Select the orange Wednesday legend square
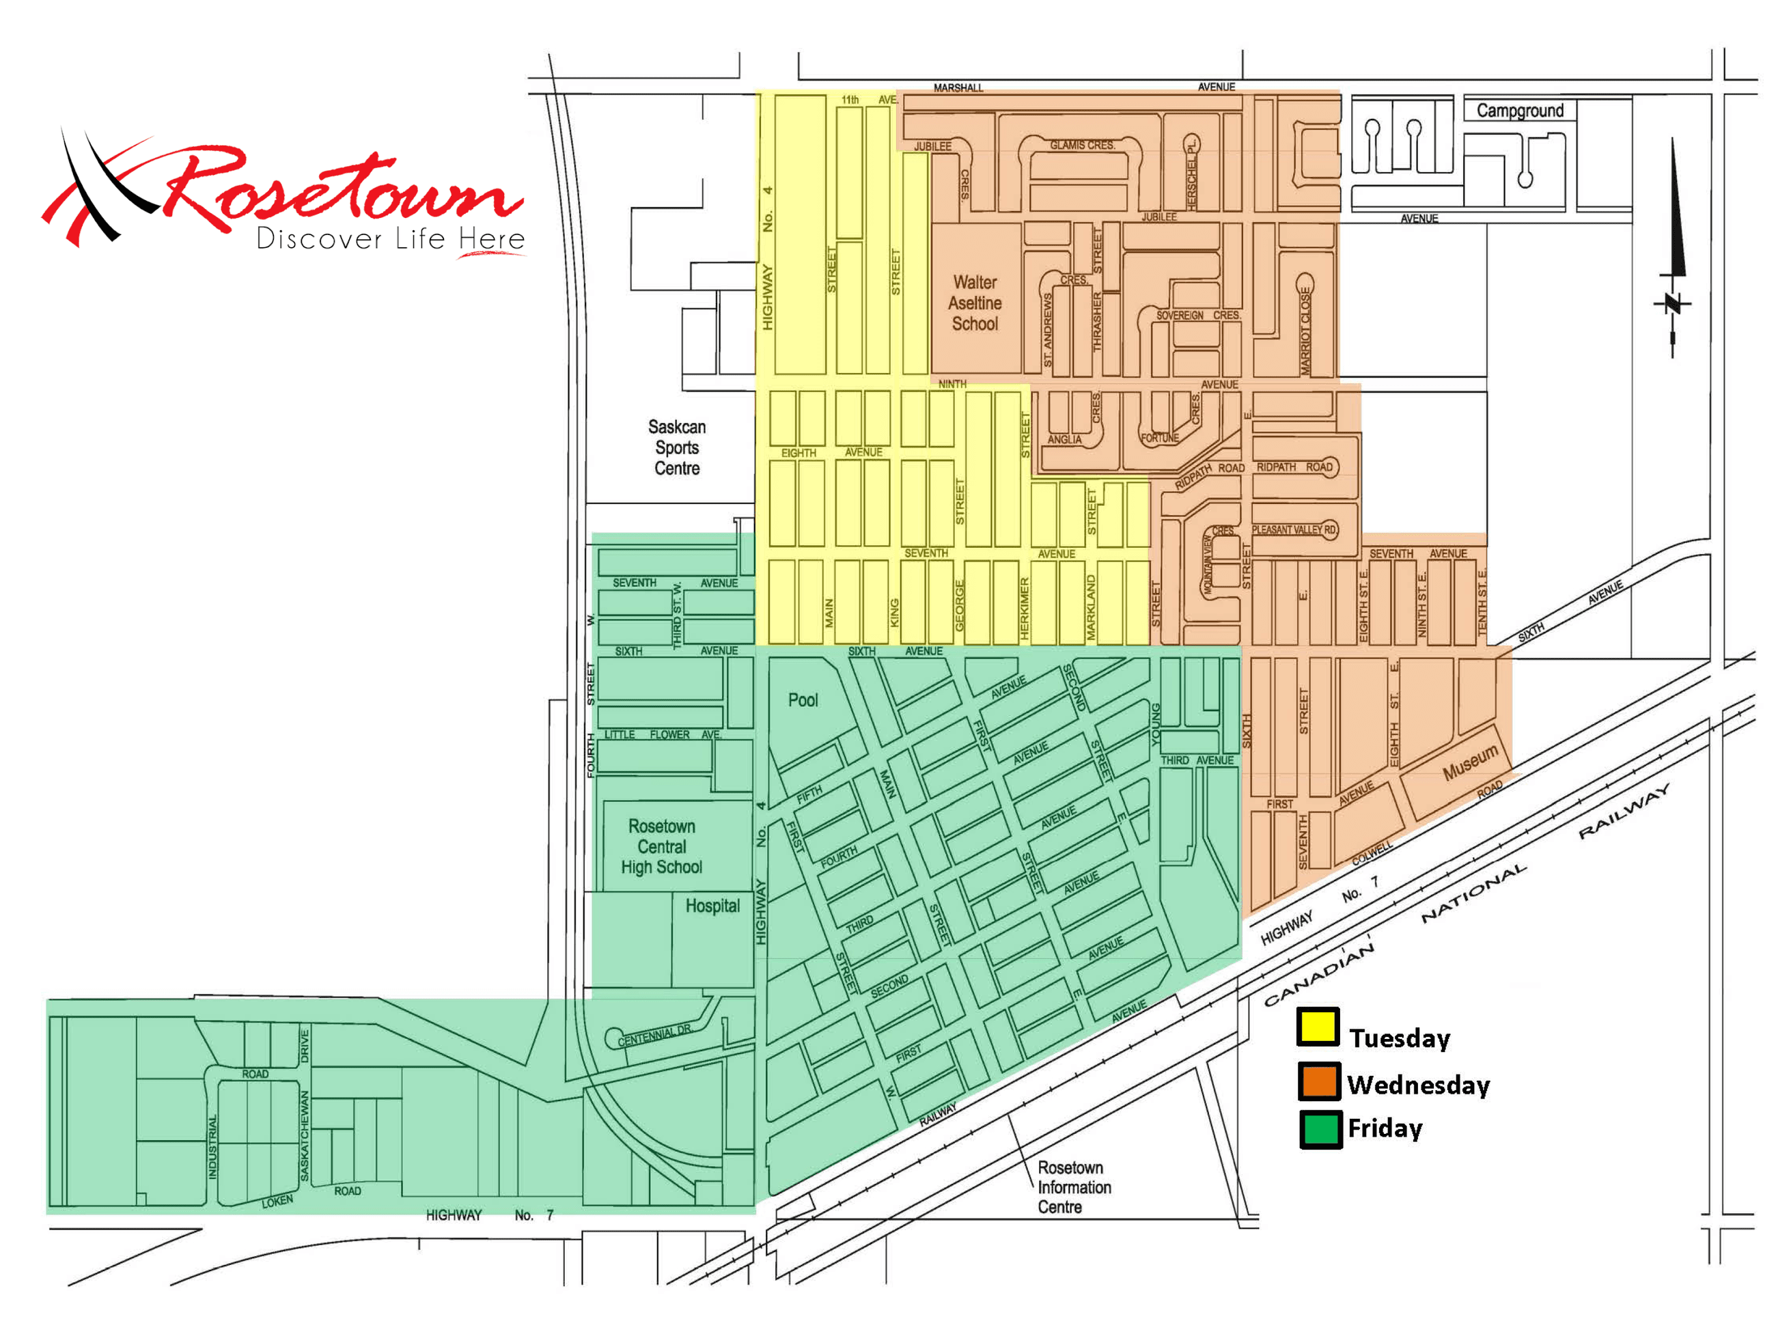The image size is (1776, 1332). point(1318,1081)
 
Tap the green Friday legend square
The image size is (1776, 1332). point(1320,1129)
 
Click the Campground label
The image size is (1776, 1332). point(1519,111)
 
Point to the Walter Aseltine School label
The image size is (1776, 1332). point(975,303)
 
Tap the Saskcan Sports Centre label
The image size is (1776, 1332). point(677,447)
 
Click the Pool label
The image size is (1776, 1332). point(803,700)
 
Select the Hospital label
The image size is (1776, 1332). point(712,906)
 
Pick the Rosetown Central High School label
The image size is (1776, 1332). point(662,846)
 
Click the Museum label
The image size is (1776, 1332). point(1470,761)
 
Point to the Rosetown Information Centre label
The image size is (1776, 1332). point(1074,1187)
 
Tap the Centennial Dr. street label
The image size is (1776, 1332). point(654,1035)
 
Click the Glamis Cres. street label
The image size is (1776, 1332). point(1082,145)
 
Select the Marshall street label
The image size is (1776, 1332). point(958,87)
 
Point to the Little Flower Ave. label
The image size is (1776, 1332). point(663,734)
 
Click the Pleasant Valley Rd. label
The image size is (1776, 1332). point(1294,530)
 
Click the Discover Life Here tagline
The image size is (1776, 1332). point(390,239)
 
